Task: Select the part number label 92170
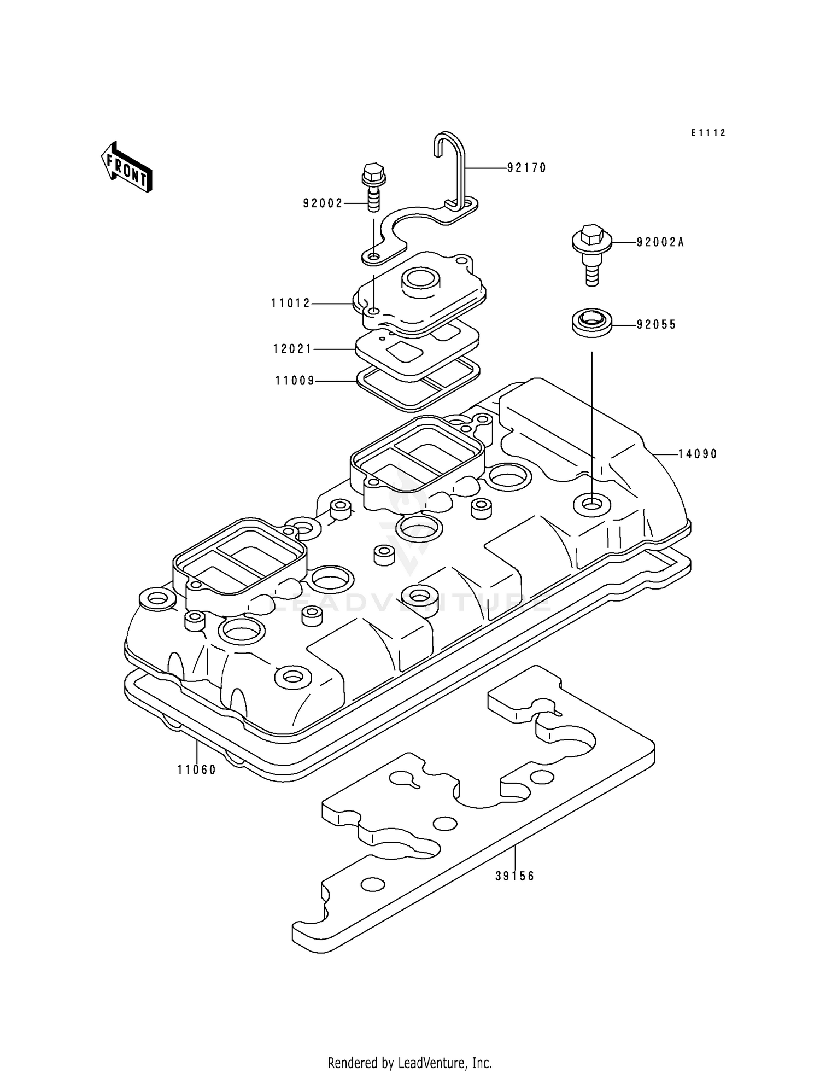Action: [526, 168]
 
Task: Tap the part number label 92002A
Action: [660, 242]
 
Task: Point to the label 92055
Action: [656, 325]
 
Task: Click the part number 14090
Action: [698, 454]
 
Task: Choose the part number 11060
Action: [197, 770]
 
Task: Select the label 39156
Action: [514, 876]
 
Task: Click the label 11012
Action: [291, 303]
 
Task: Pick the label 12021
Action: [292, 349]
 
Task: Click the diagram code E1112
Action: [708, 133]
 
